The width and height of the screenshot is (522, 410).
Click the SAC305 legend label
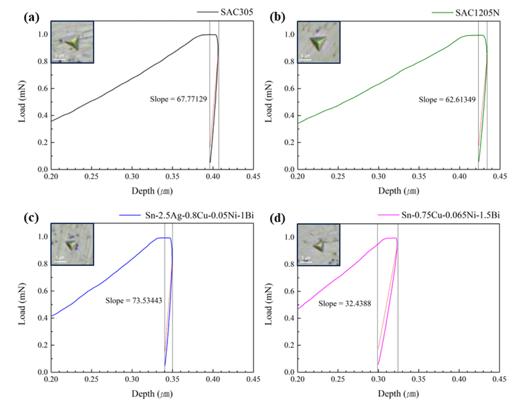click(x=236, y=12)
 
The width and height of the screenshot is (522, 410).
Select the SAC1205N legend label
click(x=477, y=13)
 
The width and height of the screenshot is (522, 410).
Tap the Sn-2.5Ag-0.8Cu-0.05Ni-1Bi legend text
click(x=199, y=215)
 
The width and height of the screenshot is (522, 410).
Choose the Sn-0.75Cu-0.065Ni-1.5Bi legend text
click(x=450, y=215)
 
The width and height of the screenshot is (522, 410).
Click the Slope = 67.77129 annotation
click(x=178, y=99)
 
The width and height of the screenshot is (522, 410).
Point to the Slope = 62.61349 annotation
click(x=447, y=100)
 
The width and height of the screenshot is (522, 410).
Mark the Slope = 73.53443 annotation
click(x=134, y=301)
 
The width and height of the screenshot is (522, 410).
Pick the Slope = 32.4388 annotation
click(x=345, y=304)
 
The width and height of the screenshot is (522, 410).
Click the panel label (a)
click(x=31, y=17)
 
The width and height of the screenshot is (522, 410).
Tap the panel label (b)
click(x=277, y=17)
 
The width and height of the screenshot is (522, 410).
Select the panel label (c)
click(x=31, y=218)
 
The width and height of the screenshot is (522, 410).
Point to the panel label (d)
click(x=277, y=218)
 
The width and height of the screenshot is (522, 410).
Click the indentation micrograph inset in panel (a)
click(x=72, y=42)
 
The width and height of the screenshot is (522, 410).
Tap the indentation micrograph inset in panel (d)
click(x=318, y=245)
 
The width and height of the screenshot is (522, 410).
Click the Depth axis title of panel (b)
click(x=399, y=191)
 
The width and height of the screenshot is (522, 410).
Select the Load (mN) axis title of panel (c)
click(x=22, y=304)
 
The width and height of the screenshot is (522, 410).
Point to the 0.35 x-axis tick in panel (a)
click(x=172, y=177)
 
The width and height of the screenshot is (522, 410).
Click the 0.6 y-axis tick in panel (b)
click(x=289, y=89)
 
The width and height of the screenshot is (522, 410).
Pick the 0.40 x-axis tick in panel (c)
click(x=213, y=379)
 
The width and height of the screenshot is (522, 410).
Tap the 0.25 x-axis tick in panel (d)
click(x=338, y=379)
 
